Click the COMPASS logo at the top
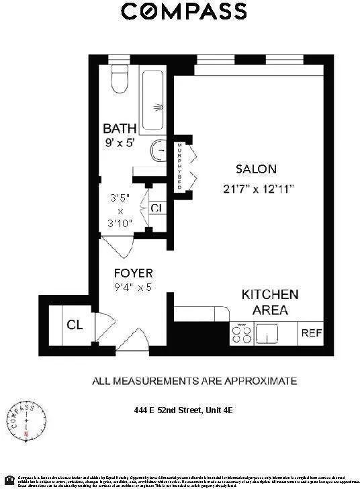pyautogui.click(x=183, y=11)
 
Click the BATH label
pyautogui.click(x=120, y=128)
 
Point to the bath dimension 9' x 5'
pyautogui.click(x=120, y=142)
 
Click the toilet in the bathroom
pyautogui.click(x=119, y=81)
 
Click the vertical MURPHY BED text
pyautogui.click(x=179, y=167)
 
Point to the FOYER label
pyautogui.click(x=132, y=273)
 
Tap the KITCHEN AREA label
pyautogui.click(x=269, y=302)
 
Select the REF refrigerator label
pyautogui.click(x=311, y=332)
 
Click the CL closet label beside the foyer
pyautogui.click(x=74, y=326)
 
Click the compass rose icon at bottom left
pyautogui.click(x=26, y=420)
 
